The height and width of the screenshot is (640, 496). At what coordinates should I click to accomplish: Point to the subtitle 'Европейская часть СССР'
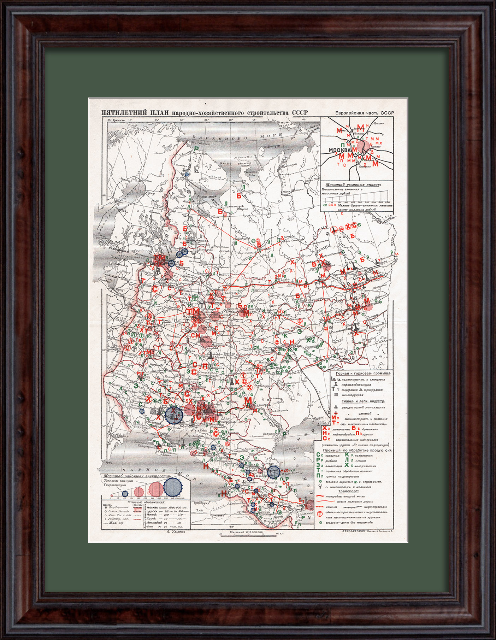pyautogui.click(x=365, y=113)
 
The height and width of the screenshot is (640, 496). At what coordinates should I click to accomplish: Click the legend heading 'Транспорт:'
pyautogui.click(x=348, y=491)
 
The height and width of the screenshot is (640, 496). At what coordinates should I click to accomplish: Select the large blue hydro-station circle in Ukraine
pyautogui.click(x=174, y=415)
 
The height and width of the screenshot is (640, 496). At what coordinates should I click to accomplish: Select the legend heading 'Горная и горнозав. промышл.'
pyautogui.click(x=361, y=374)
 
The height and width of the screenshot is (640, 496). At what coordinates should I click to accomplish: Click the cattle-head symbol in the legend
pyautogui.click(x=320, y=487)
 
